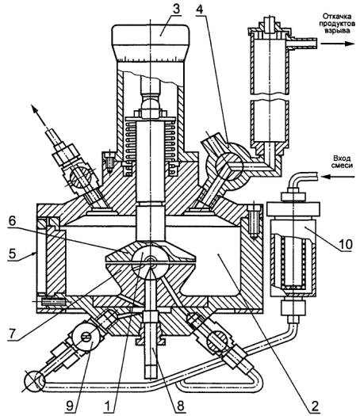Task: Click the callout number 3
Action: (x=176, y=9)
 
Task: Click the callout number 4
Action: (x=199, y=9)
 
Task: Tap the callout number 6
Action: (x=12, y=221)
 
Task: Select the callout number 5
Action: (x=12, y=254)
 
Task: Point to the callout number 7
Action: (x=12, y=334)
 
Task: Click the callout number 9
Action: (x=70, y=406)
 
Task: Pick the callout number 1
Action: (x=108, y=406)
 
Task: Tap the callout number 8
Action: (x=180, y=406)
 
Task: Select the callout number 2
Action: (x=314, y=406)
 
